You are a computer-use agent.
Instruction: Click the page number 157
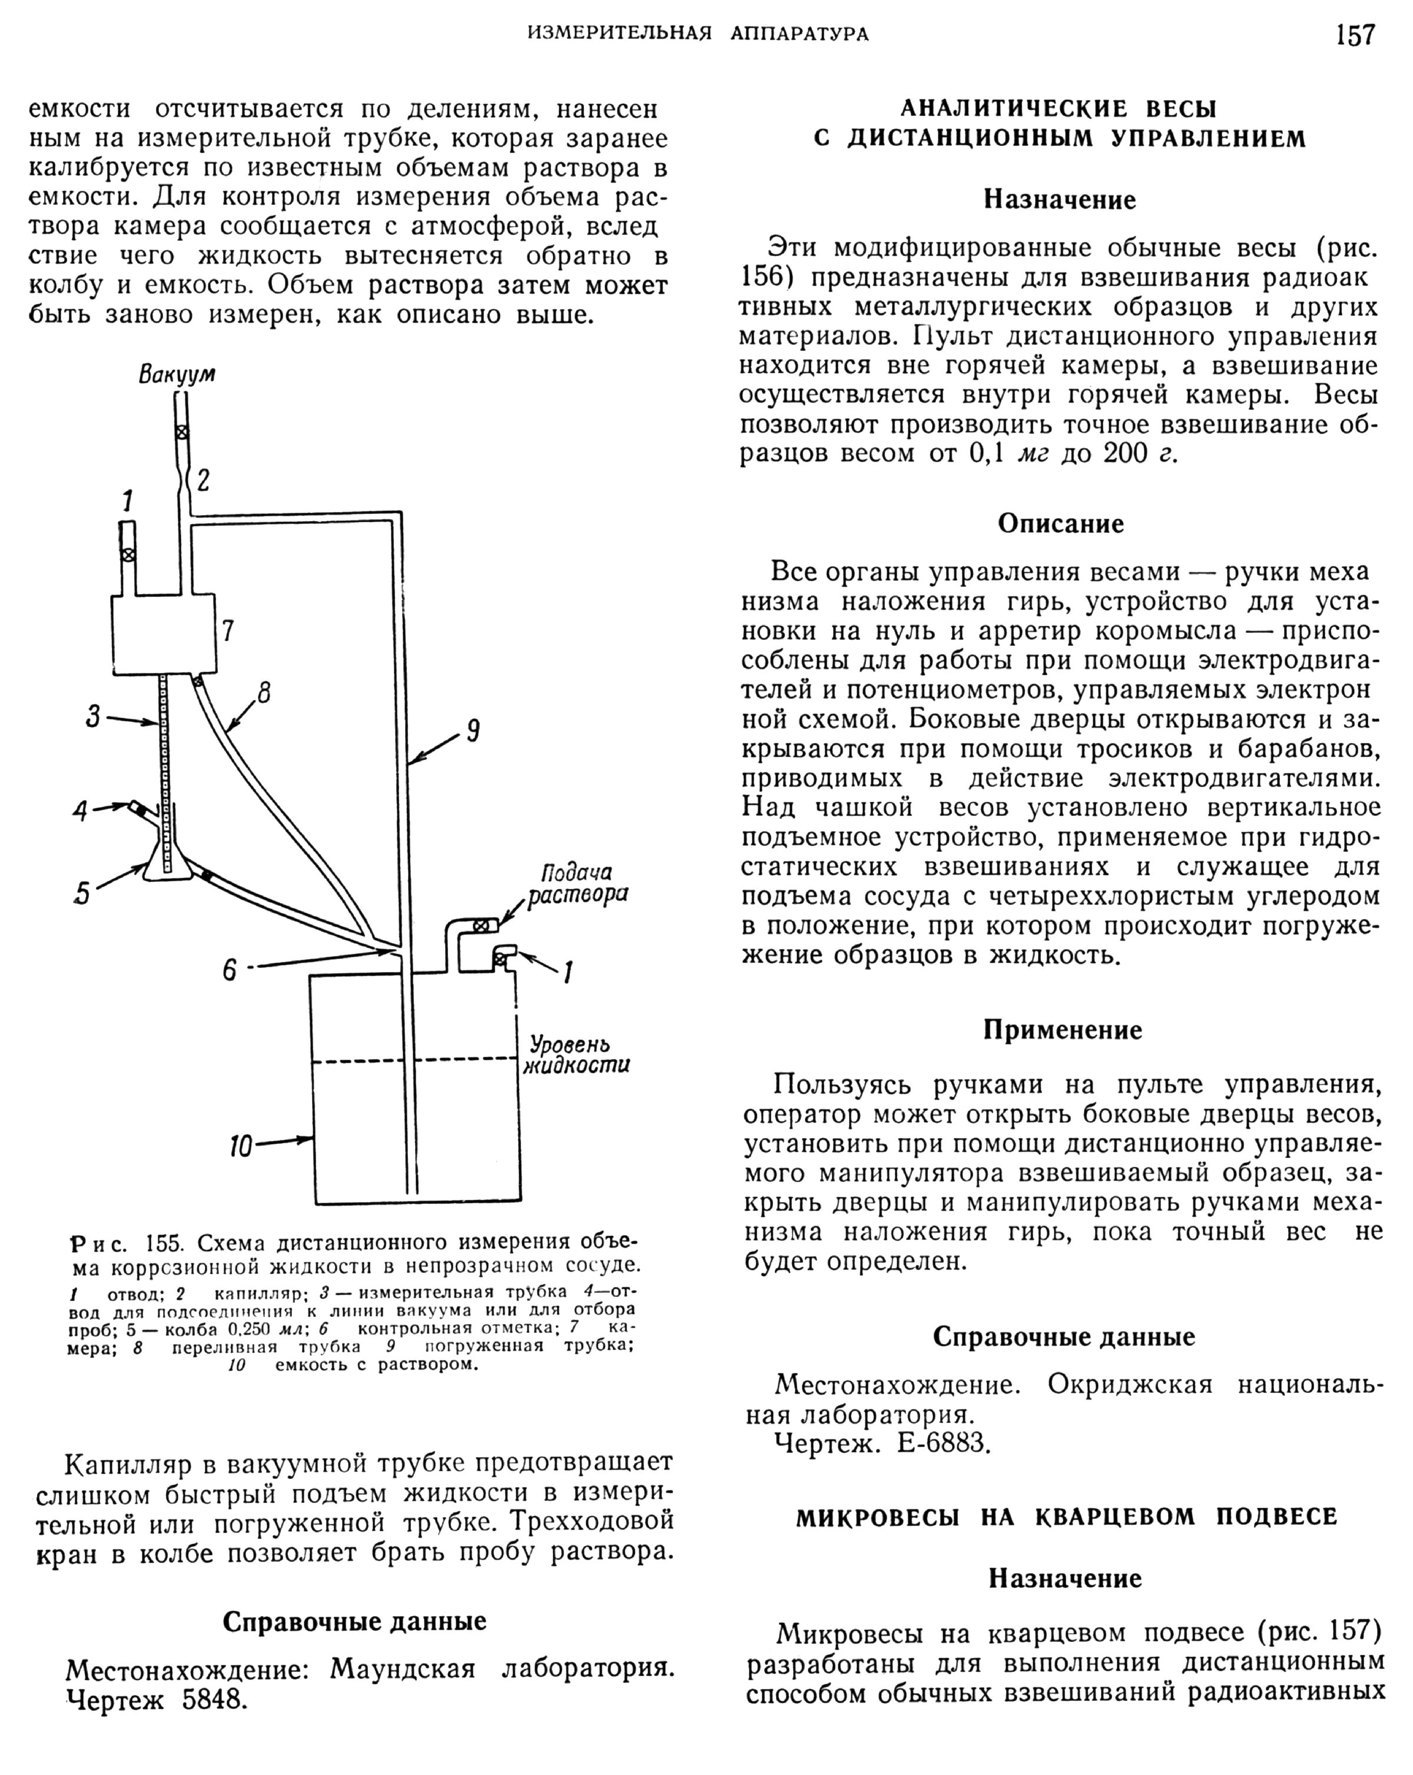1355,35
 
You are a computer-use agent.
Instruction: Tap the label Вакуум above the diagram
177,374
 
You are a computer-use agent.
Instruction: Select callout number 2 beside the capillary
203,479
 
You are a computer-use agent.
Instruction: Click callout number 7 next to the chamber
228,631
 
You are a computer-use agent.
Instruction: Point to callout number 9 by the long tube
473,730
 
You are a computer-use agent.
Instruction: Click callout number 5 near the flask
81,893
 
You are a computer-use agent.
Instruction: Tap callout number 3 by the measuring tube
93,717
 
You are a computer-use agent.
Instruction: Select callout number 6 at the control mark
230,970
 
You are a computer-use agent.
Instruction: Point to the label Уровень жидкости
576,1054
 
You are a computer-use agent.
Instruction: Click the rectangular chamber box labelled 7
164,632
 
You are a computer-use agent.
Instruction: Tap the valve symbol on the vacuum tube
182,432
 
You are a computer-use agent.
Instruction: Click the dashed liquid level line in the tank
412,1060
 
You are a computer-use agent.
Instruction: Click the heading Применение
1062,1030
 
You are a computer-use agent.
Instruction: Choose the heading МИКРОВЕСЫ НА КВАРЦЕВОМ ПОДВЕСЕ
1066,1517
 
